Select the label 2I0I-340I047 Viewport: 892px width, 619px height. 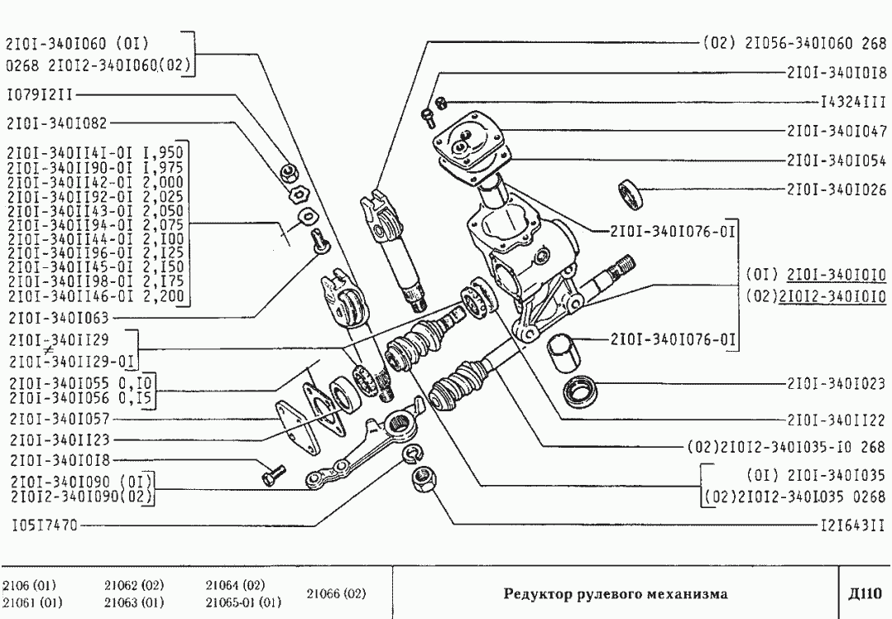(x=835, y=131)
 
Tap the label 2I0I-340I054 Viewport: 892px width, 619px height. (x=835, y=158)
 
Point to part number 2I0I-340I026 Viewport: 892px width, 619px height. (x=835, y=189)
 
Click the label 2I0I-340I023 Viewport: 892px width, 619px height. (x=835, y=385)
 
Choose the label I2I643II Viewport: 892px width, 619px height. (x=851, y=525)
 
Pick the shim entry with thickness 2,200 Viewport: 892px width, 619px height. (x=96, y=296)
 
